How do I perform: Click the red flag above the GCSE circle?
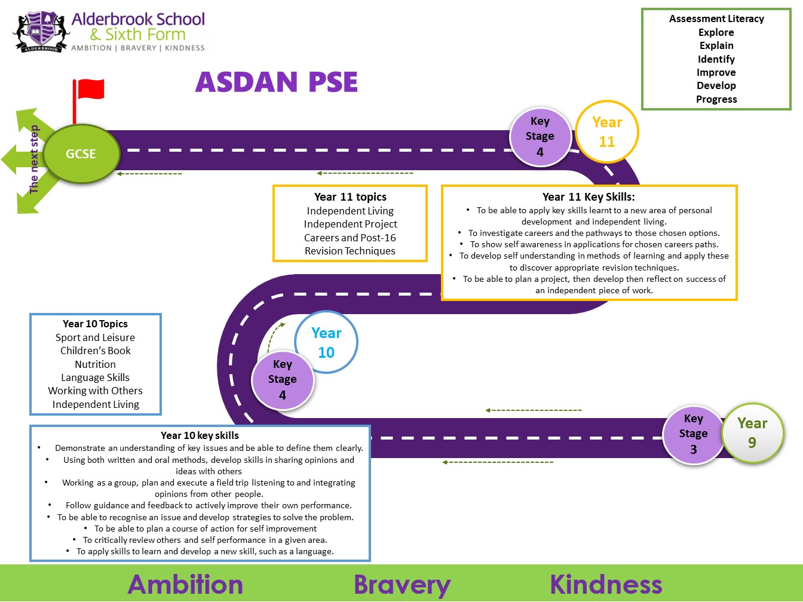click(88, 90)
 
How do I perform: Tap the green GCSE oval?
click(81, 153)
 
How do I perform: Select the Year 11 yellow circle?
click(607, 131)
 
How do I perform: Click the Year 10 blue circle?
click(326, 342)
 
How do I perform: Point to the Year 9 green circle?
click(752, 433)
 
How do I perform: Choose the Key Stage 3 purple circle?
click(693, 434)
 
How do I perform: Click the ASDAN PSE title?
click(276, 81)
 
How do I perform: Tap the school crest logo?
click(41, 32)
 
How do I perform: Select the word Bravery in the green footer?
click(402, 585)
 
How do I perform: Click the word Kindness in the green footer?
click(606, 584)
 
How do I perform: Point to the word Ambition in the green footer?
click(185, 584)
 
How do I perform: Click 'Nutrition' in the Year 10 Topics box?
click(95, 364)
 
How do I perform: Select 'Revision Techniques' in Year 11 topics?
click(350, 251)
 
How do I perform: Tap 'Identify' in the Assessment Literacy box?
click(716, 59)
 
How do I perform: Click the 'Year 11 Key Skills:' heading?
click(589, 197)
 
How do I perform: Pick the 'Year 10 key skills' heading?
click(200, 435)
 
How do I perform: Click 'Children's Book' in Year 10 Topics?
click(95, 351)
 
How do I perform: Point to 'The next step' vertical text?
click(33, 159)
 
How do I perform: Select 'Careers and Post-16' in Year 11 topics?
click(350, 238)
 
